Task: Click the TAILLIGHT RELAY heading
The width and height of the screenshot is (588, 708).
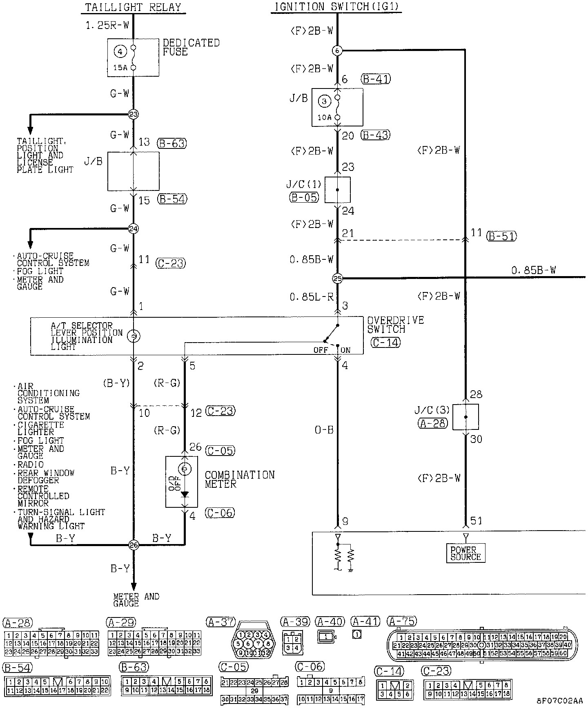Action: pyautogui.click(x=133, y=7)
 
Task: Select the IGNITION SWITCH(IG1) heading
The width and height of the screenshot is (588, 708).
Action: pyautogui.click(x=336, y=7)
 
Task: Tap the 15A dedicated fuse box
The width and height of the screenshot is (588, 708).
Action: pyautogui.click(x=133, y=58)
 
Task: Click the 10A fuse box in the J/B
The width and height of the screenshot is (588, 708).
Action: pyautogui.click(x=337, y=107)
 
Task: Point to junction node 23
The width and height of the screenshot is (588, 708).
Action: pyautogui.click(x=134, y=114)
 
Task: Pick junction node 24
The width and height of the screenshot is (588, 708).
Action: pyautogui.click(x=134, y=228)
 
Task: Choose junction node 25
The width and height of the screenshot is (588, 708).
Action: pyautogui.click(x=337, y=279)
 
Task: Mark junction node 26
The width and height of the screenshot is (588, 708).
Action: pyautogui.click(x=134, y=545)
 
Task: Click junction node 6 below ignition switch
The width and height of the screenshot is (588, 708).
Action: pyautogui.click(x=337, y=51)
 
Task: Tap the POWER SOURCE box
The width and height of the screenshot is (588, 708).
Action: pyautogui.click(x=465, y=553)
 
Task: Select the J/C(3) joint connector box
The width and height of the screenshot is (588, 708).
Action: pyautogui.click(x=465, y=417)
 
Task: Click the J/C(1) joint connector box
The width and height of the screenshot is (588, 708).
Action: pyautogui.click(x=337, y=190)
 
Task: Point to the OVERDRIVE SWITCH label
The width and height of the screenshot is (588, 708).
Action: pyautogui.click(x=395, y=325)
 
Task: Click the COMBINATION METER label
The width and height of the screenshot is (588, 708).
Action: pyautogui.click(x=239, y=480)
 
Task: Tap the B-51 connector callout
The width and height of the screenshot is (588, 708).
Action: pyautogui.click(x=501, y=236)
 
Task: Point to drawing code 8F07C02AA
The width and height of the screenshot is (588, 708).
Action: pyautogui.click(x=559, y=701)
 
